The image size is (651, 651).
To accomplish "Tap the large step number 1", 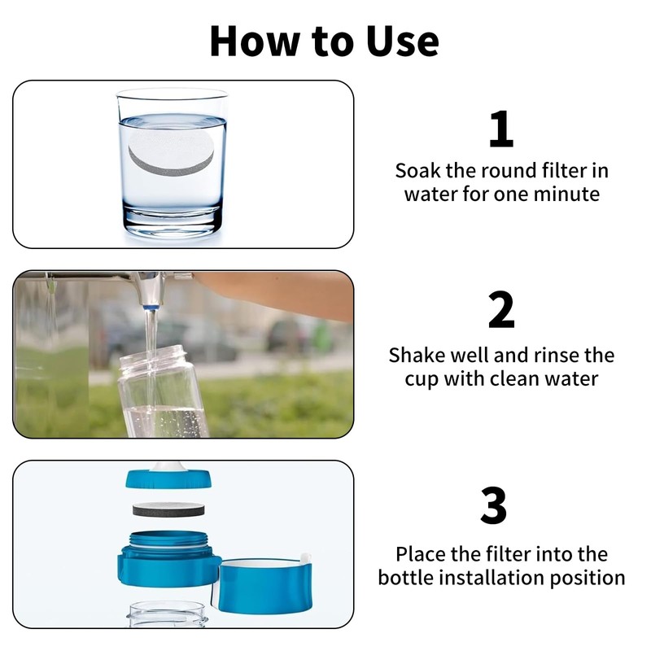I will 501,130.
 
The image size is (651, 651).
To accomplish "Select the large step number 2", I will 501,311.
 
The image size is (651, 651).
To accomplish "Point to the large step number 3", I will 494,505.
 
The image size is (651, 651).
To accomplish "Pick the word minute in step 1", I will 570,194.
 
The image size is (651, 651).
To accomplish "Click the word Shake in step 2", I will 416,356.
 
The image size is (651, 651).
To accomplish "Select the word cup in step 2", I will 422,379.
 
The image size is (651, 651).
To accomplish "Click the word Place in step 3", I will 422,554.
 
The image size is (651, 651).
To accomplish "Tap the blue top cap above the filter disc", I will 169,478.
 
